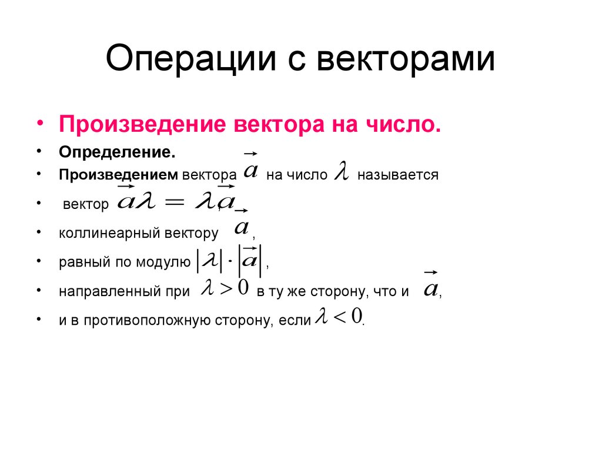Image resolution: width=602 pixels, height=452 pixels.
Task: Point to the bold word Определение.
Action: [x=116, y=152]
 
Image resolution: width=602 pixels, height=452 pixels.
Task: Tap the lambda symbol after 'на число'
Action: [x=342, y=171]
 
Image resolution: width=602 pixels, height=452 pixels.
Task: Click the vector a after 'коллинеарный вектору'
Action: [x=242, y=226]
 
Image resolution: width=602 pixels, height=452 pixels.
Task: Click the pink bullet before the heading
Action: [x=41, y=124]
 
